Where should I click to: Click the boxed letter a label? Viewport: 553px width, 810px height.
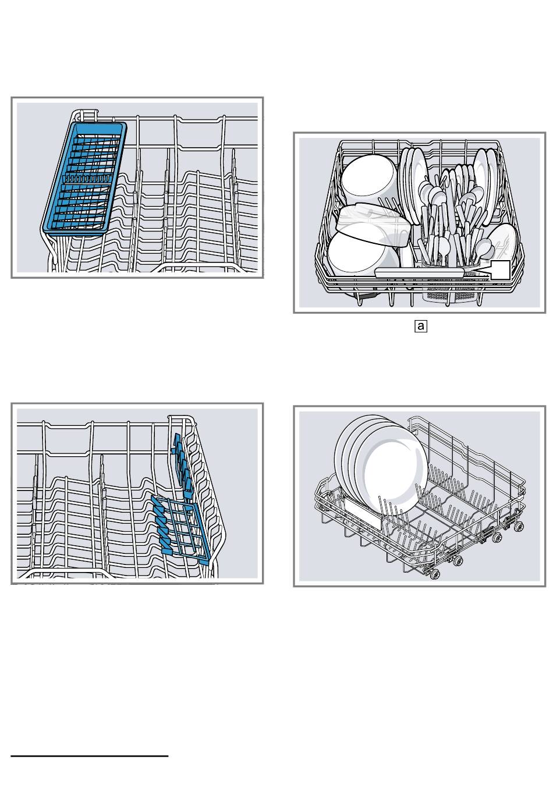coord(420,326)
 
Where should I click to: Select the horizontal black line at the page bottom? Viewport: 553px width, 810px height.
coord(89,756)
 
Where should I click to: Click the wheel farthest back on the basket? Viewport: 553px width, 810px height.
coord(517,526)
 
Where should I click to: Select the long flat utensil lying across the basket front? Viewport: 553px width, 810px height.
coord(419,272)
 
